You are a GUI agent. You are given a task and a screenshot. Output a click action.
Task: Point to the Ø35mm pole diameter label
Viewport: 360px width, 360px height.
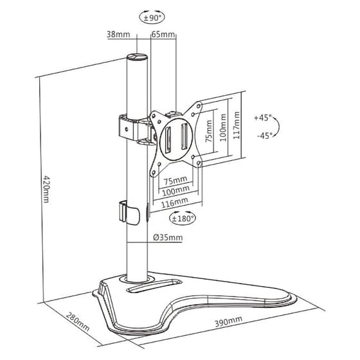pyautogui.click(x=168, y=238)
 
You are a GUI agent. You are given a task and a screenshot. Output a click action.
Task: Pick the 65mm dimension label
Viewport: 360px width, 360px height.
pyautogui.click(x=163, y=34)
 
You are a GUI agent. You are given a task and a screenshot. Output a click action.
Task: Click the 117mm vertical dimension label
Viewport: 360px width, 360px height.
pyautogui.click(x=237, y=126)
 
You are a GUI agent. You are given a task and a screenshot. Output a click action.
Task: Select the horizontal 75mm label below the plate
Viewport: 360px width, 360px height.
pyautogui.click(x=174, y=181)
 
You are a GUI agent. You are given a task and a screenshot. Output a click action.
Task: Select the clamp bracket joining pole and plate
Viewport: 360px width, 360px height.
pyautogui.click(x=132, y=127)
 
